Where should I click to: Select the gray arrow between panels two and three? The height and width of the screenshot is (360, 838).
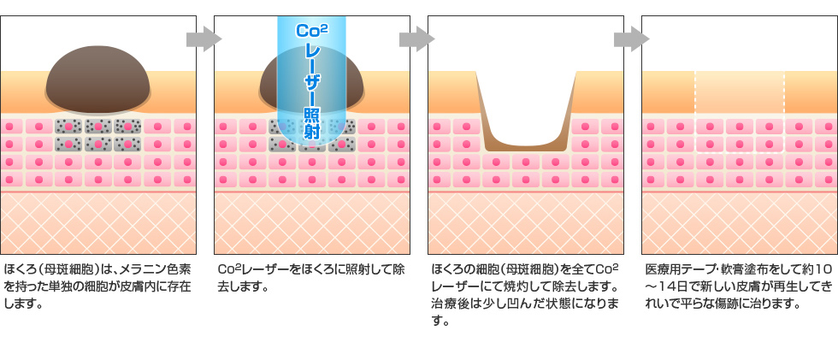point(417,38)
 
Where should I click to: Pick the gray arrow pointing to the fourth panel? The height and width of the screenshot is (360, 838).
point(631,38)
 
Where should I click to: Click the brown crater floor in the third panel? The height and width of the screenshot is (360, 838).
point(525,145)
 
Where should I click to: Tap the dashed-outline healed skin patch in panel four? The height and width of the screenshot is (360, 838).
point(740,91)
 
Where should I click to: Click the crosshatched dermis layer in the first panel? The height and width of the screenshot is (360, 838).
point(97,222)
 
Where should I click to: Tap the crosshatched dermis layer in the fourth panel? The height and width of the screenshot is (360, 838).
point(740,222)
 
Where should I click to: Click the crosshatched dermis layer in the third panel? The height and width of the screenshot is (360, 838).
point(525,222)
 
